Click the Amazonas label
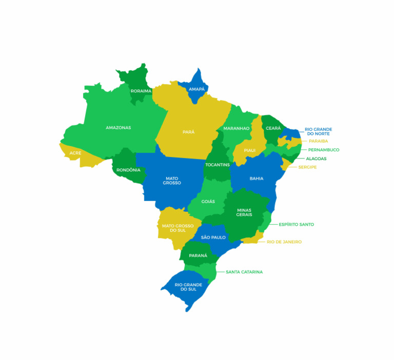[x=118, y=128]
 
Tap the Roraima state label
[x=141, y=91]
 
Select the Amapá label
[x=196, y=89]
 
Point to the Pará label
[x=188, y=132]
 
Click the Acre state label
[x=75, y=153]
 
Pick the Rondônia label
[x=128, y=170]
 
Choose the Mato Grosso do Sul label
[x=178, y=228]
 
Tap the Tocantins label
[x=217, y=165]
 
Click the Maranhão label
[x=236, y=128]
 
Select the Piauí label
[x=249, y=150]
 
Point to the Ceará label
[x=273, y=128]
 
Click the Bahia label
[x=257, y=178]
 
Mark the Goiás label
[x=208, y=202]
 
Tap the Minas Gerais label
[x=244, y=212]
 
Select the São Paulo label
[x=213, y=237]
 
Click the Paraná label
[x=198, y=255]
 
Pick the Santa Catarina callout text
[x=244, y=272]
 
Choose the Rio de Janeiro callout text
[x=284, y=242]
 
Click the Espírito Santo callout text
[x=296, y=225]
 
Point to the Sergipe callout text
[x=307, y=167]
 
